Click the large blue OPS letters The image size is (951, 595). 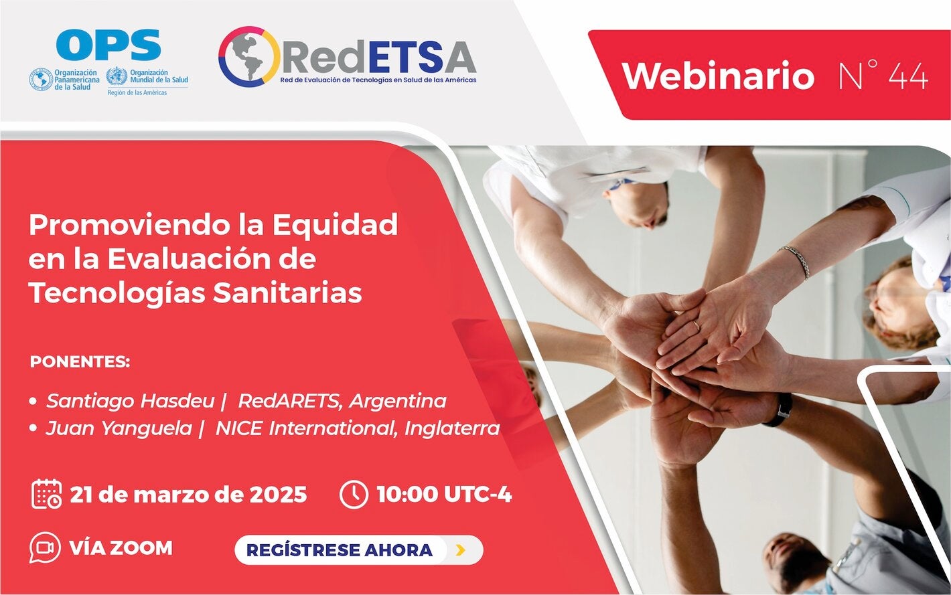click(x=108, y=46)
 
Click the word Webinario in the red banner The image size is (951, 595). click(x=718, y=76)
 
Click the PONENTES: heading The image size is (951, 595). click(x=80, y=362)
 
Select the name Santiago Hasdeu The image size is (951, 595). click(x=130, y=401)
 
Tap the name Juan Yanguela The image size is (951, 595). click(x=119, y=428)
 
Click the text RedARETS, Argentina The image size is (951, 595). click(x=342, y=401)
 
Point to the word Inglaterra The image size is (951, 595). click(x=452, y=428)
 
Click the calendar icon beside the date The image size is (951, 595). click(x=46, y=494)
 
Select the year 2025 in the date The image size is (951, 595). click(x=278, y=495)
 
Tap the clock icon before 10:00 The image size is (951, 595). click(x=354, y=495)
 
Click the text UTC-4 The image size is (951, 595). click(x=478, y=495)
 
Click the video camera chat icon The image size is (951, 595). click(x=45, y=548)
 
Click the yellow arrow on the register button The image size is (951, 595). click(x=460, y=550)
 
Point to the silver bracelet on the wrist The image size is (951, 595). click(x=796, y=260)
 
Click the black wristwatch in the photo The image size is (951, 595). click(x=779, y=410)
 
